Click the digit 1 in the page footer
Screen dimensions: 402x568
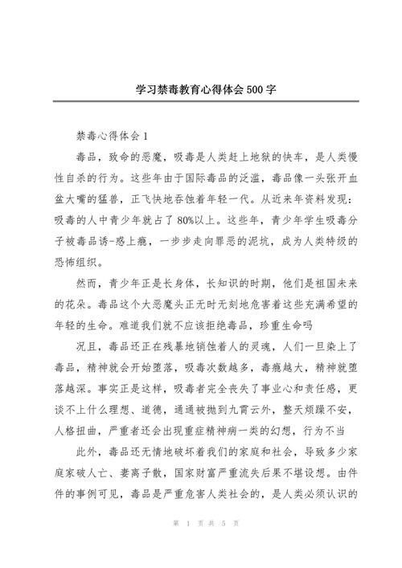point(185,546)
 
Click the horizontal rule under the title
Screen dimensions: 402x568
point(201,101)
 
